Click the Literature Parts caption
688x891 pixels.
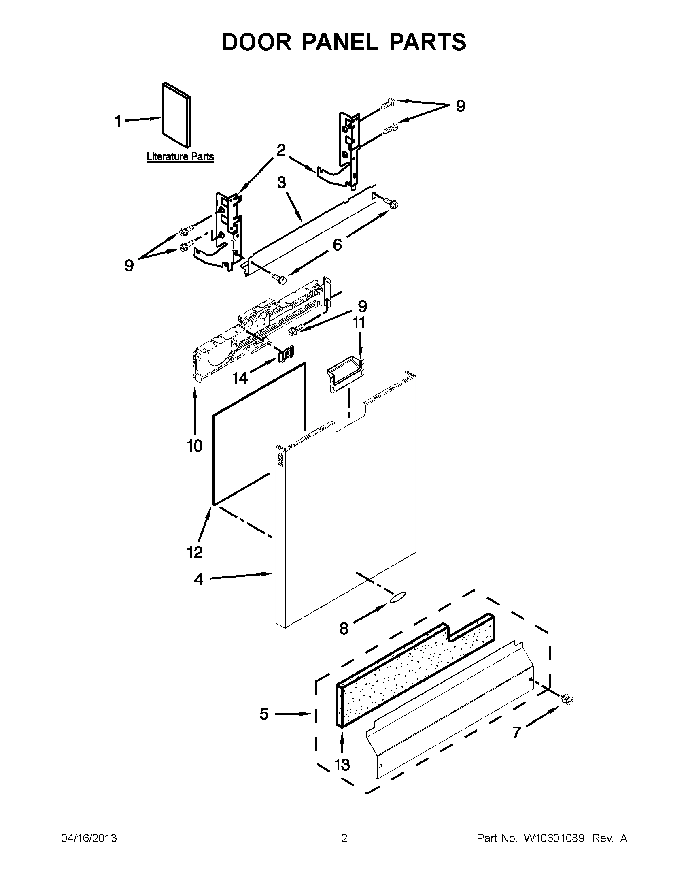pos(180,157)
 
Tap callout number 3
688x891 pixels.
pos(281,183)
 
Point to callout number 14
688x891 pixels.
pos(240,378)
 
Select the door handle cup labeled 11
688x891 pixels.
pos(345,373)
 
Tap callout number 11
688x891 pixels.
pos(359,323)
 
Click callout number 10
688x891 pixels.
pos(195,446)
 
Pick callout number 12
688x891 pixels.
pos(195,552)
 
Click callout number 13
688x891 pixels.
pos(342,765)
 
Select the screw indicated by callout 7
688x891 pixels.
pos(566,699)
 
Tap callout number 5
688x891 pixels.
pos(264,714)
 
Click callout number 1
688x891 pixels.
pos(118,121)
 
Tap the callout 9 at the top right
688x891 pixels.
pos(460,106)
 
